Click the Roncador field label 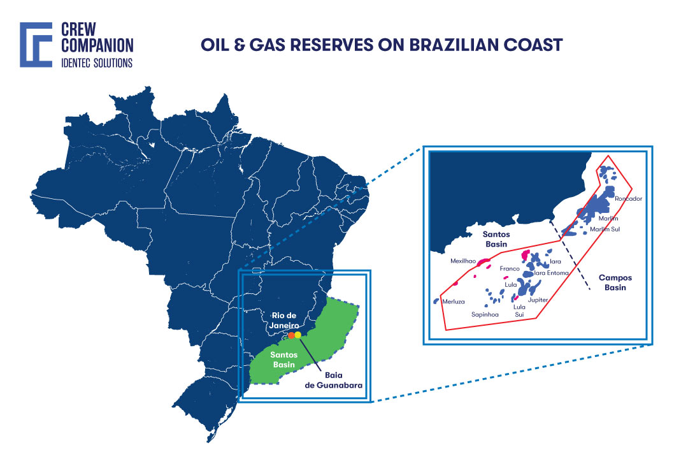tap(629, 199)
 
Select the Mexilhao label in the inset tap(463, 261)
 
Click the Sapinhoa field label tap(485, 314)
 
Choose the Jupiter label tap(538, 300)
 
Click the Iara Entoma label tap(551, 273)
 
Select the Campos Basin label tap(615, 282)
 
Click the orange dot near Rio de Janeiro tap(290, 335)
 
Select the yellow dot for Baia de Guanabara tap(298, 335)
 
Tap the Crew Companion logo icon tap(36, 45)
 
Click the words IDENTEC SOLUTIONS tap(96, 62)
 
